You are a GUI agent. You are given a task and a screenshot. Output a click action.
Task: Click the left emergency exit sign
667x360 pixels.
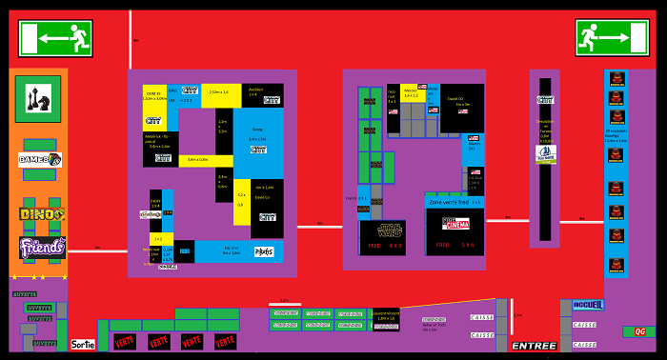tap(55, 39)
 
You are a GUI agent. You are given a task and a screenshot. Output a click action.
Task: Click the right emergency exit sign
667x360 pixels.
tap(612, 39)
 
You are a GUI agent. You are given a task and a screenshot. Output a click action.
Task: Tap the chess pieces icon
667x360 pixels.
tap(38, 98)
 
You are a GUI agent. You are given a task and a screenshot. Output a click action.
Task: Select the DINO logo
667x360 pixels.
tap(42, 215)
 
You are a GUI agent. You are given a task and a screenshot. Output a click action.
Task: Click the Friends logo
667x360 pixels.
tap(42, 247)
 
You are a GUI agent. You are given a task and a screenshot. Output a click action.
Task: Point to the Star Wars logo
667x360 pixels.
tap(382, 230)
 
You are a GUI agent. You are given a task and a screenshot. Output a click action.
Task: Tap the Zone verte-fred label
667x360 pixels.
tap(450, 202)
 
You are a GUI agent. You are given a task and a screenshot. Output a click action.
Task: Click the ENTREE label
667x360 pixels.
tap(534, 346)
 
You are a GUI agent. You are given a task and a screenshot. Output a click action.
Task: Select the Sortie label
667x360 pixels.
tap(83, 344)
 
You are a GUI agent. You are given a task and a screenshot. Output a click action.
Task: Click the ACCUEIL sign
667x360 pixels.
tap(588, 305)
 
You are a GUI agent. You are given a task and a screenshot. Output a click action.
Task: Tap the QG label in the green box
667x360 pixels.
tap(639, 331)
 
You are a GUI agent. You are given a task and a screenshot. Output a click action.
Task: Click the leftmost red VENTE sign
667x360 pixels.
tap(125, 341)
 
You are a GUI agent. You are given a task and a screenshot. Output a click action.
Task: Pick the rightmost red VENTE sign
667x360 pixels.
tap(225, 341)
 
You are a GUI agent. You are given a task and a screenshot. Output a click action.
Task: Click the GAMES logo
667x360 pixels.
tap(41, 160)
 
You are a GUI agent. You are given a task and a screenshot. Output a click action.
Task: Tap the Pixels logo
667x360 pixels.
tap(264, 252)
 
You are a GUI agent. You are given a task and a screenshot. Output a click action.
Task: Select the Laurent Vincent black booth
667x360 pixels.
tap(386, 317)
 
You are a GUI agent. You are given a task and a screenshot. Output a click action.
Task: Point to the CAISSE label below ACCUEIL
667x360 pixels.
tap(584, 325)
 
